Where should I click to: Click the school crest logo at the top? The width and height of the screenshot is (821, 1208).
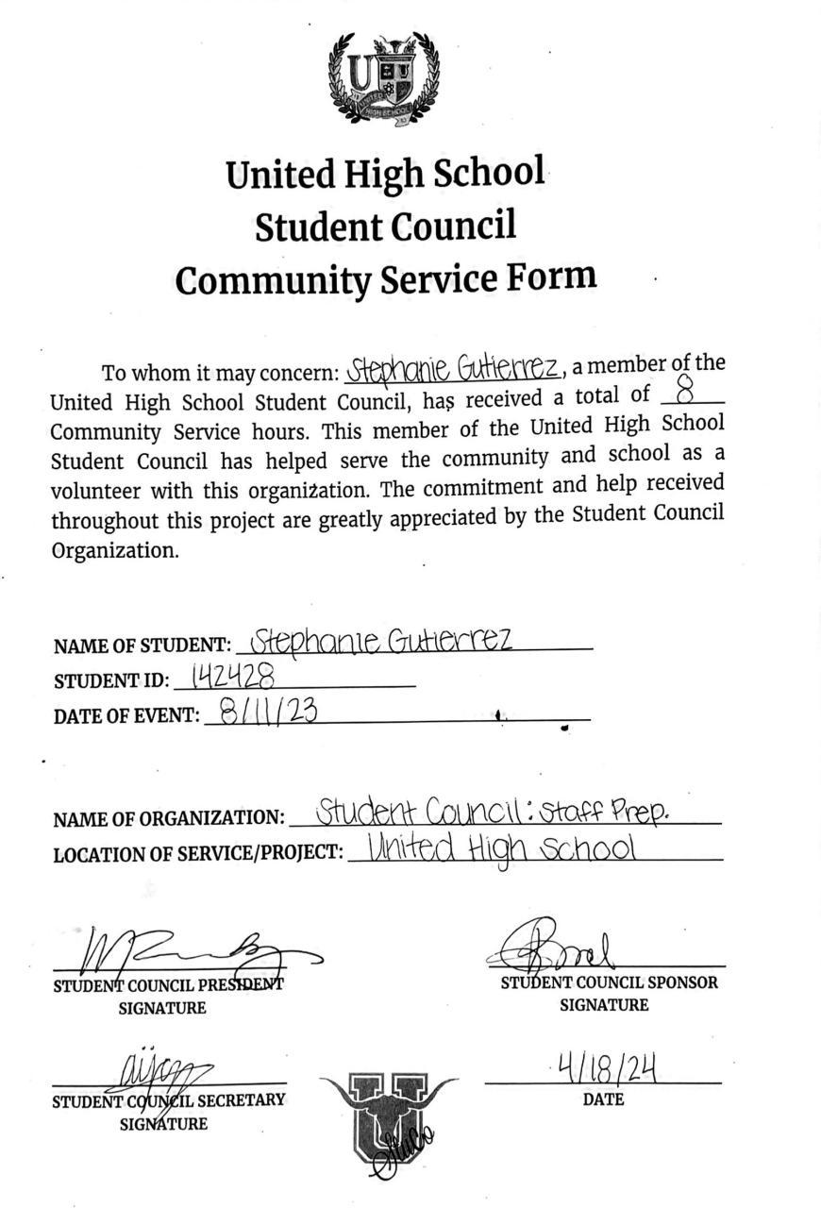tap(384, 79)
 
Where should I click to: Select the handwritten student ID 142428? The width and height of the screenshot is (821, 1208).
tap(233, 676)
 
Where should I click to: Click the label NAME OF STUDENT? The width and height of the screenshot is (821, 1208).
tap(142, 646)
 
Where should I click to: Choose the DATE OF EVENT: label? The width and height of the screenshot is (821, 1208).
tap(126, 716)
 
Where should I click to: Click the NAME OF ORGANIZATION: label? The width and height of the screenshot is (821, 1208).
tap(168, 818)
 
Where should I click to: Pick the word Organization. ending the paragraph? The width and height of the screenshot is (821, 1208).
tap(114, 550)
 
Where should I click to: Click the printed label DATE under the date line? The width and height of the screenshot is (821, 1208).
tap(603, 1099)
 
